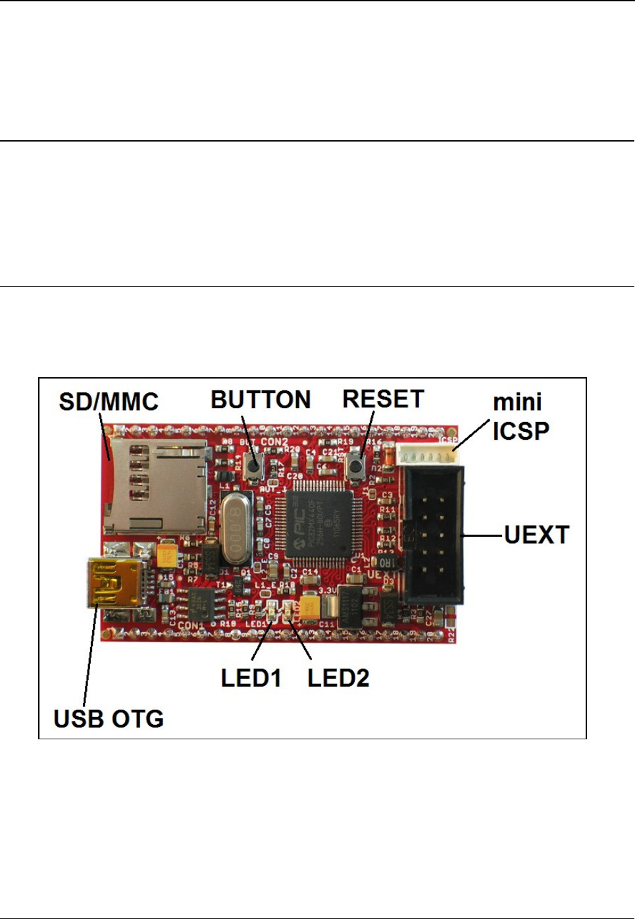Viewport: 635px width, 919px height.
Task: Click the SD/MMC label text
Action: click(x=109, y=402)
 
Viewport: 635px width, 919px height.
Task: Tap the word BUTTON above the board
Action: click(x=261, y=400)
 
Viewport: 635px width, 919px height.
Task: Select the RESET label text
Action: click(x=383, y=399)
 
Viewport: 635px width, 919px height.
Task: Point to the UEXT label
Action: click(x=536, y=535)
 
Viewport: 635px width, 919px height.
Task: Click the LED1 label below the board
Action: click(x=251, y=678)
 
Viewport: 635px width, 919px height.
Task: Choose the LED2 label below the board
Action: click(x=338, y=678)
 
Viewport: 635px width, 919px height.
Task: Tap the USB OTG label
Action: click(x=109, y=719)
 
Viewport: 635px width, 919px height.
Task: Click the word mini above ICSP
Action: click(x=517, y=402)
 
